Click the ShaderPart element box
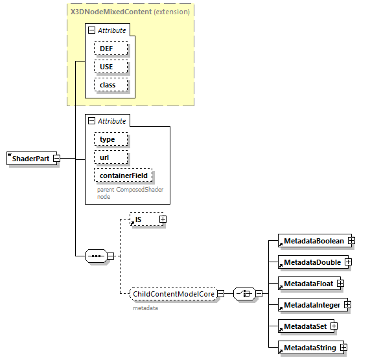[29, 159]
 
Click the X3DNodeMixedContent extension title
[130, 12]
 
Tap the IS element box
[145, 219]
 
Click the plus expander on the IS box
[163, 219]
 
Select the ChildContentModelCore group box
[173, 294]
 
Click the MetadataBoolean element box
[313, 241]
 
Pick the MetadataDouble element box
[311, 262]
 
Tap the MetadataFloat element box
[307, 283]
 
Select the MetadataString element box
[309, 348]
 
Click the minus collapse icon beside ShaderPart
[56, 159]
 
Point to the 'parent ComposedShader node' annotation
[130, 193]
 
